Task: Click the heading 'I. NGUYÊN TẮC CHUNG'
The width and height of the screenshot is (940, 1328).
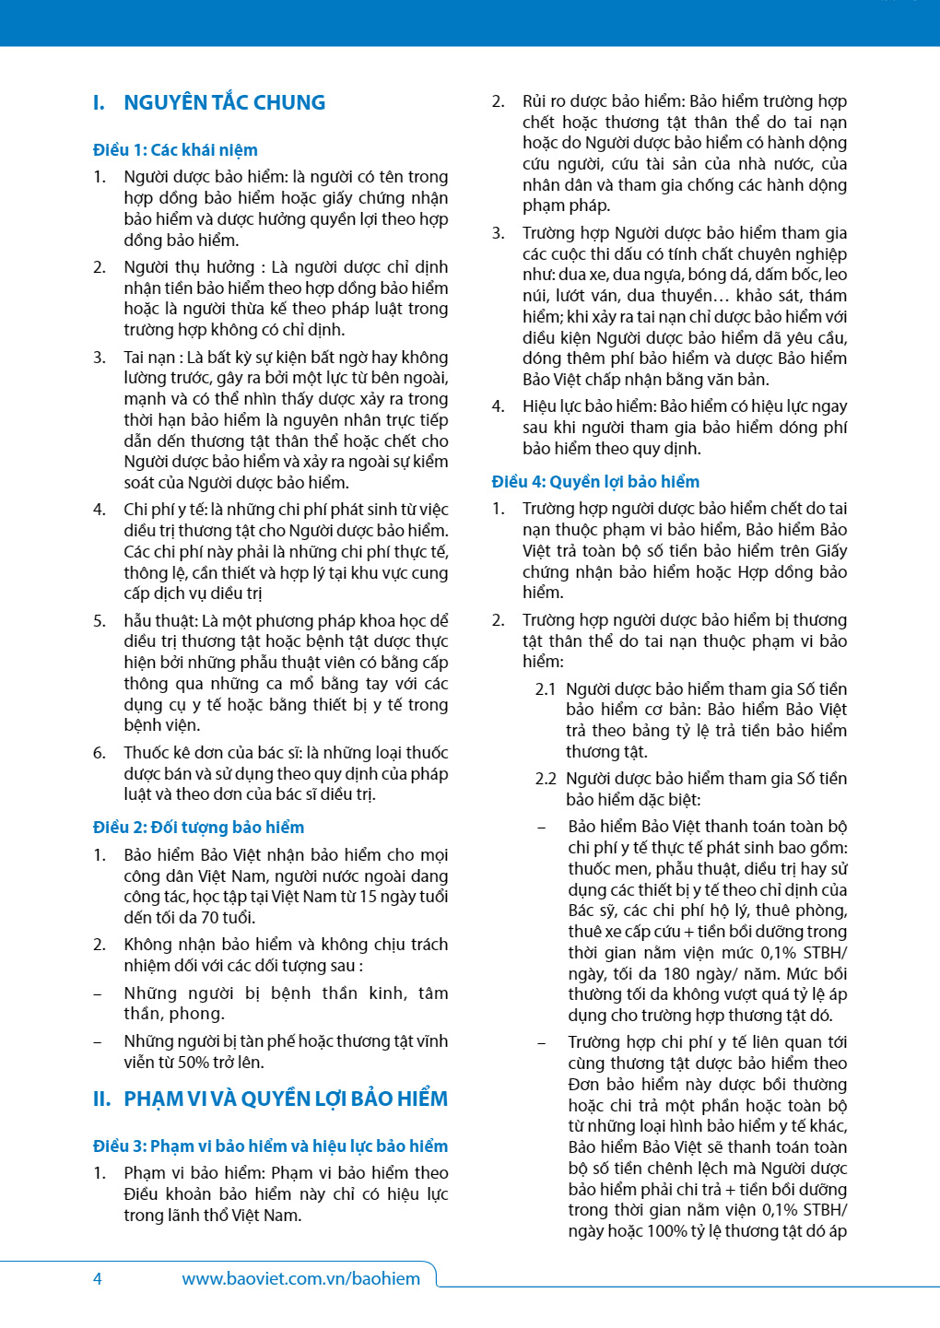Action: coord(209,102)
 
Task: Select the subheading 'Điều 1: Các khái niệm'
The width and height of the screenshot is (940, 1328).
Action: coord(175,150)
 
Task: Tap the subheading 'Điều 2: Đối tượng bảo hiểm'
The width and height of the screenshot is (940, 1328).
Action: coord(198,828)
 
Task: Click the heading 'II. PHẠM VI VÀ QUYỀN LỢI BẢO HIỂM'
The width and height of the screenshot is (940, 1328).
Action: coord(270,1099)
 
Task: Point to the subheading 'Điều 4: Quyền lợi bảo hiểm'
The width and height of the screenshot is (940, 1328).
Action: coord(595,482)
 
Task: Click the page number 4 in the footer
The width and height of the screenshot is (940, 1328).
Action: coord(98,1278)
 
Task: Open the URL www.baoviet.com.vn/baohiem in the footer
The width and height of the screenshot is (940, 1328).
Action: coord(300,1278)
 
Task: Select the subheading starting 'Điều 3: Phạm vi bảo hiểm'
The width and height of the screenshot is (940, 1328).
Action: coord(270,1146)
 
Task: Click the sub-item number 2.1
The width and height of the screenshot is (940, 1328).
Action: coord(546,689)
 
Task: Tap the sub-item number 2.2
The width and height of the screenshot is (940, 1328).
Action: coord(546,779)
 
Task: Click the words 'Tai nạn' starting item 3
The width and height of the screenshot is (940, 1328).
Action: coord(149,358)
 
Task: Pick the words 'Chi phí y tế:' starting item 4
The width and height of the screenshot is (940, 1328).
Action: coord(165,510)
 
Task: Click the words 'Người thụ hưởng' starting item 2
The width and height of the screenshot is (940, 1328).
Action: coord(189,267)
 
